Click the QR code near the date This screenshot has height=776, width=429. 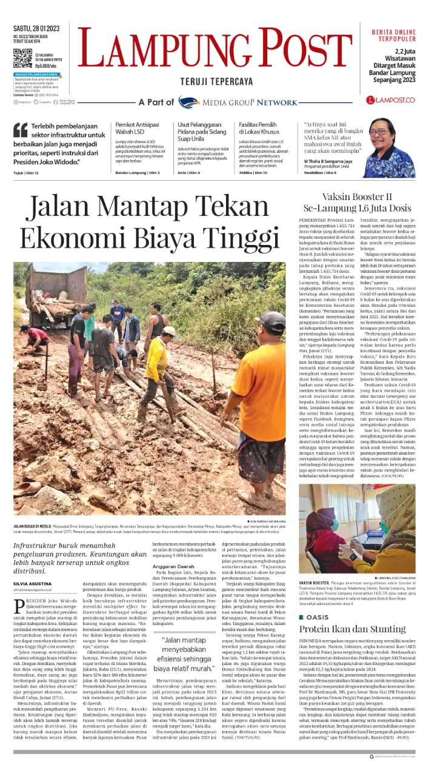point(22,58)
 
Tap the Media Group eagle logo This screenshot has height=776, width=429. point(188,102)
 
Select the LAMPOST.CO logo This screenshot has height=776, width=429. point(391,99)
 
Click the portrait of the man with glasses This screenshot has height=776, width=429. point(388,148)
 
